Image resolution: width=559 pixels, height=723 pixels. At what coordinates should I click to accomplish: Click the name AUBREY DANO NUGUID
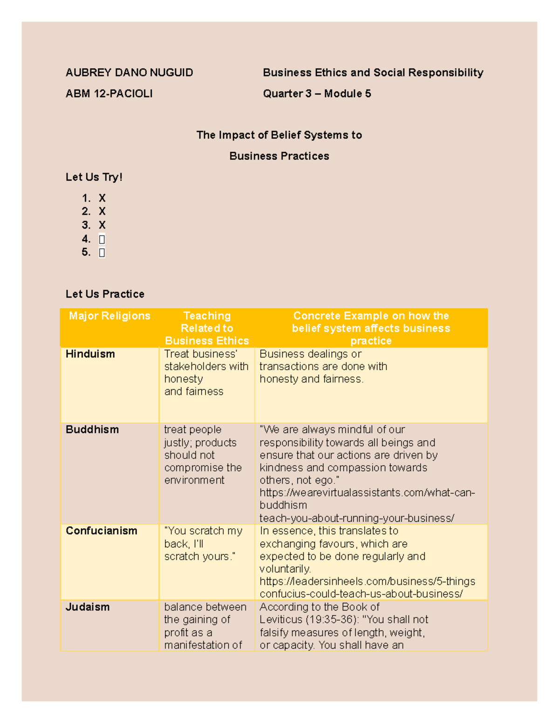pyautogui.click(x=129, y=73)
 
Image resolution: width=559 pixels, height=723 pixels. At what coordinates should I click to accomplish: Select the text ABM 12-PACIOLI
pyautogui.click(x=109, y=94)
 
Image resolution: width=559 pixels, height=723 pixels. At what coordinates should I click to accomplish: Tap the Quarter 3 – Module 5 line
pyautogui.click(x=317, y=94)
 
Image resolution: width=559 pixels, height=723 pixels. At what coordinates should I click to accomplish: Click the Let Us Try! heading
pyautogui.click(x=94, y=177)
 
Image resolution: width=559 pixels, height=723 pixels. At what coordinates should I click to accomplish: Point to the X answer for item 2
pyautogui.click(x=102, y=211)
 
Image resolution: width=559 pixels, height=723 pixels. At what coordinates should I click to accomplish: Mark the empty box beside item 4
pyautogui.click(x=102, y=239)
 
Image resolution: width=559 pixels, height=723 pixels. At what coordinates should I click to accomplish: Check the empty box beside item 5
pyautogui.click(x=102, y=253)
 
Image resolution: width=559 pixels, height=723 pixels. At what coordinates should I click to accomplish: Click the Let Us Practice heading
pyautogui.click(x=105, y=294)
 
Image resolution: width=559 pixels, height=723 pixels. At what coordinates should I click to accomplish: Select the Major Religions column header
pyautogui.click(x=109, y=316)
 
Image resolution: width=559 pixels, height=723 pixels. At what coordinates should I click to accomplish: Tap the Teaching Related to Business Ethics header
pyautogui.click(x=207, y=328)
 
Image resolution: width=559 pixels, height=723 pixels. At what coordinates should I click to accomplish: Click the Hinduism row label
pyautogui.click(x=90, y=354)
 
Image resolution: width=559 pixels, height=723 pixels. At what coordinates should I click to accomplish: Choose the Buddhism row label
pyautogui.click(x=92, y=430)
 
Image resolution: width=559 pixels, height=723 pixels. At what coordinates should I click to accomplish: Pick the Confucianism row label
pyautogui.click(x=101, y=531)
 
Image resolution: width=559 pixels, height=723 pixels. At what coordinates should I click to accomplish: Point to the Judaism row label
pyautogui.click(x=88, y=607)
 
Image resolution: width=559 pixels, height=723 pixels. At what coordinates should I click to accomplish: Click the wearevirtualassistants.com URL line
pyautogui.click(x=367, y=493)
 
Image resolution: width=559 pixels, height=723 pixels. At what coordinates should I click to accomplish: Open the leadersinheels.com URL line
pyautogui.click(x=367, y=581)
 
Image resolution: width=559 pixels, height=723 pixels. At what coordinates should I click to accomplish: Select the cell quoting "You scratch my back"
pyautogui.click(x=203, y=544)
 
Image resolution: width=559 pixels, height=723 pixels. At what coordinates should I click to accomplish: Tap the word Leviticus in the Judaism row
pyautogui.click(x=281, y=620)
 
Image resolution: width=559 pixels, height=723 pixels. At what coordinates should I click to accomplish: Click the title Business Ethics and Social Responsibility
pyautogui.click(x=373, y=73)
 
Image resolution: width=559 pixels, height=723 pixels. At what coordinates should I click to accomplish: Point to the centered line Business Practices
pyautogui.click(x=279, y=156)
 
